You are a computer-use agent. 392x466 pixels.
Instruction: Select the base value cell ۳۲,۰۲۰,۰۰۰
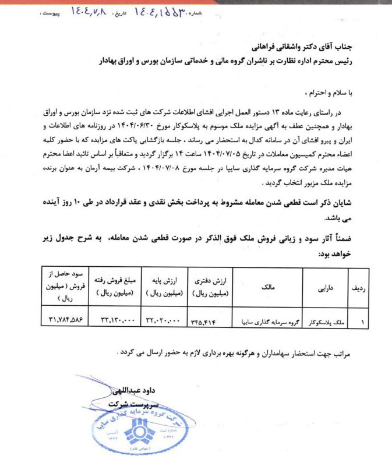click(x=165, y=320)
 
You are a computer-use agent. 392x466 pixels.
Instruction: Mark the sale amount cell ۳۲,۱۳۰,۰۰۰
click(x=118, y=320)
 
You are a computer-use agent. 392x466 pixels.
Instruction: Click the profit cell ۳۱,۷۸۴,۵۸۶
click(x=68, y=320)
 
